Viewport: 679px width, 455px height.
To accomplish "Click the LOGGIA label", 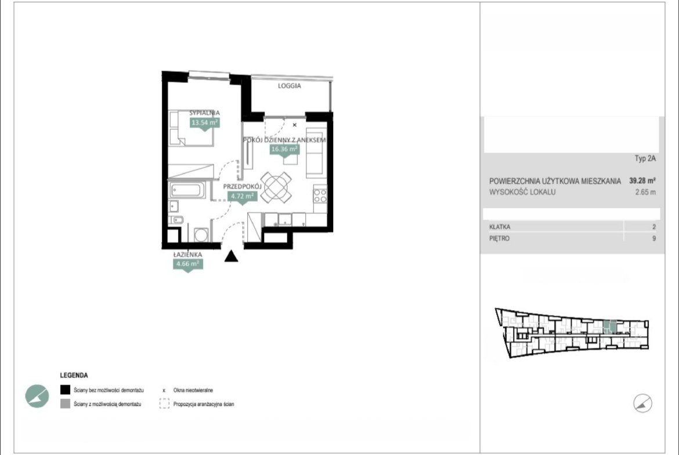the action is coord(289,86).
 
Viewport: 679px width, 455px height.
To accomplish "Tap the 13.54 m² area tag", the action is coord(205,123).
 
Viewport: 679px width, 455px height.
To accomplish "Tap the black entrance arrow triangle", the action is coord(231,256).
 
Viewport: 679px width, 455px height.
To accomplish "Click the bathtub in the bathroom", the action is coord(187,190).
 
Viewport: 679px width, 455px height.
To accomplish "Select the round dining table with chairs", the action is coord(276,187).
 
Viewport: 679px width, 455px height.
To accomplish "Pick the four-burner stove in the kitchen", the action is coord(320,195).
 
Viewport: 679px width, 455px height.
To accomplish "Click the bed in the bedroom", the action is coord(191,129).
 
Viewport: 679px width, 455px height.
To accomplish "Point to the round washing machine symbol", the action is coord(201,235).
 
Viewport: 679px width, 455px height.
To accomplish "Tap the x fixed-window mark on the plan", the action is coord(294,125).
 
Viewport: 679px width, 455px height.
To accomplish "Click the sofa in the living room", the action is coord(316,152).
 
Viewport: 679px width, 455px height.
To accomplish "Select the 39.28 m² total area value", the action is coord(642,181).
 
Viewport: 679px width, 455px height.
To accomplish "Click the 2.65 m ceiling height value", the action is coord(645,192).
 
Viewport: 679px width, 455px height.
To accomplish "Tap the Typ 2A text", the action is coord(645,158).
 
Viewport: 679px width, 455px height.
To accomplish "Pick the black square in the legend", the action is coord(65,390).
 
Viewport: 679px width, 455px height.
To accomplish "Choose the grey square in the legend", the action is coord(65,403).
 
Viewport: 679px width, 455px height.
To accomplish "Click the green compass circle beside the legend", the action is coord(37,396).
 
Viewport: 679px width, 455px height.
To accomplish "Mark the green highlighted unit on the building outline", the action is coord(610,326).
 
